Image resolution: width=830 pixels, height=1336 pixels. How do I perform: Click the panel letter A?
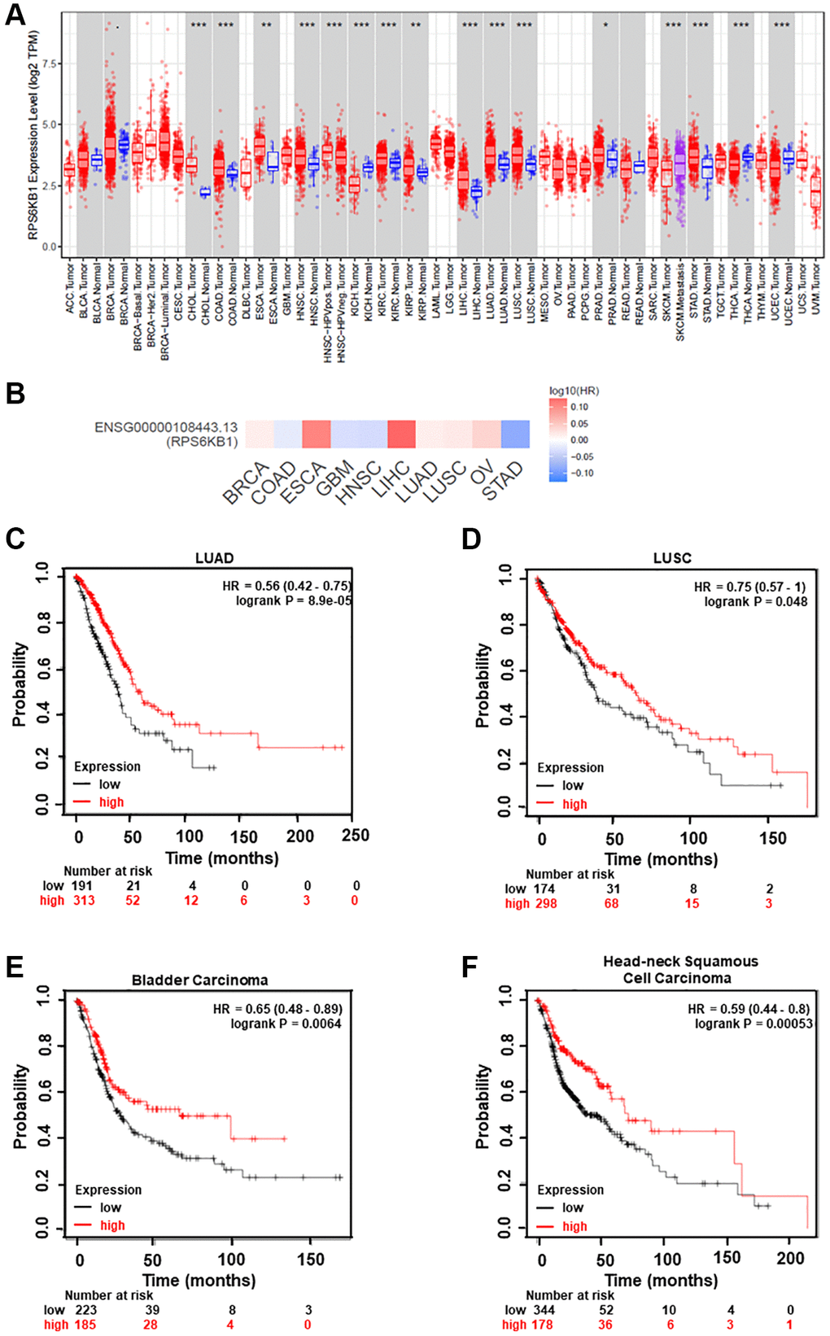click(15, 15)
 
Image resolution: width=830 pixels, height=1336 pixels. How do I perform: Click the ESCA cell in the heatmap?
click(316, 434)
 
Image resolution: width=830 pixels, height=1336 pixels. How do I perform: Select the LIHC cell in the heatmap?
click(401, 434)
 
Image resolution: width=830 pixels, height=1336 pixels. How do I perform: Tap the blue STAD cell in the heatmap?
click(515, 434)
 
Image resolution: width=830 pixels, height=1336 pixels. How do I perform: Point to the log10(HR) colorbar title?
click(574, 391)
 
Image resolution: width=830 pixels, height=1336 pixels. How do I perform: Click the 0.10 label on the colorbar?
click(579, 407)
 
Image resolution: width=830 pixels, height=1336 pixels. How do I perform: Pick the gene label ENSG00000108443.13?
click(166, 427)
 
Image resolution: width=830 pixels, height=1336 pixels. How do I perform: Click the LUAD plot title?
click(214, 558)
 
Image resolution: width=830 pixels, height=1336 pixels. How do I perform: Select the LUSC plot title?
click(672, 558)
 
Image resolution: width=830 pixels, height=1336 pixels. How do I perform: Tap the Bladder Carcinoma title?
click(199, 980)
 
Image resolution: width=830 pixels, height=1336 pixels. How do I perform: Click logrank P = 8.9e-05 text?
click(288, 600)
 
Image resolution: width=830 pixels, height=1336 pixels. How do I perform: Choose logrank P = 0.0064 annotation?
click(286, 1024)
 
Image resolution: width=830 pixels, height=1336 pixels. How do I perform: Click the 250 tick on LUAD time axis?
click(356, 836)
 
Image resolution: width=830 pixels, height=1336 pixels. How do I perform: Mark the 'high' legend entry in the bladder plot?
click(112, 1225)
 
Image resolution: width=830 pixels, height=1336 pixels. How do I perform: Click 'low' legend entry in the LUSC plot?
click(573, 785)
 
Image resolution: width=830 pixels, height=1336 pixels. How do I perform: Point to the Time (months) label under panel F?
click(661, 1281)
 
